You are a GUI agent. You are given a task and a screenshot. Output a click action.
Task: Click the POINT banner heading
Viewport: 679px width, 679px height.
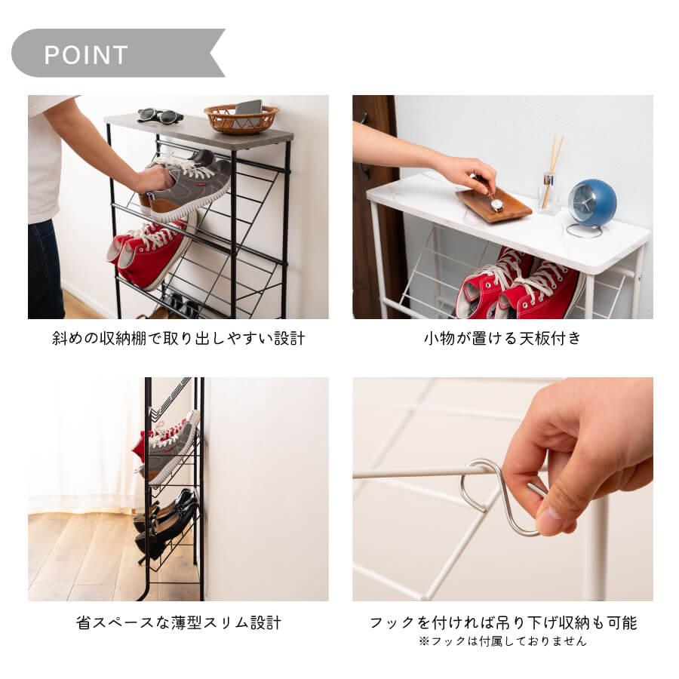coord(86,54)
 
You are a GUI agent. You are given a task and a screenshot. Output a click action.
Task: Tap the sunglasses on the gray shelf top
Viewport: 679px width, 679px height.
coord(160,115)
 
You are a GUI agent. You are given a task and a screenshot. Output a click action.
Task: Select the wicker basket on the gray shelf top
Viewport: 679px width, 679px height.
coord(241,118)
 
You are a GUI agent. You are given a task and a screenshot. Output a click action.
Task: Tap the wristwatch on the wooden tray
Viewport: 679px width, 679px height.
coord(496,202)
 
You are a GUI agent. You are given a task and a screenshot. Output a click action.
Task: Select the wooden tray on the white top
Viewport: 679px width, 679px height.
coord(493,205)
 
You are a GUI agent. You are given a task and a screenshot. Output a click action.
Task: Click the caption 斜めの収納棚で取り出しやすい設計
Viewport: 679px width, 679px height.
coord(178,339)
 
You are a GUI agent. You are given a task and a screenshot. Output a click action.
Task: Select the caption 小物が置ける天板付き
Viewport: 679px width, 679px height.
coord(502,339)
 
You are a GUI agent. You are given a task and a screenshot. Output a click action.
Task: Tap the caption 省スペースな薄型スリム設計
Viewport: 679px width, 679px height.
coord(179,623)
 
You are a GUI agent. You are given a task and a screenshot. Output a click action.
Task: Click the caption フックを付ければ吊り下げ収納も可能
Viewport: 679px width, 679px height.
coord(502,623)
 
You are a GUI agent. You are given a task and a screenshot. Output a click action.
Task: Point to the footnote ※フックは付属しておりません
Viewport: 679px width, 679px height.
coord(502,641)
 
